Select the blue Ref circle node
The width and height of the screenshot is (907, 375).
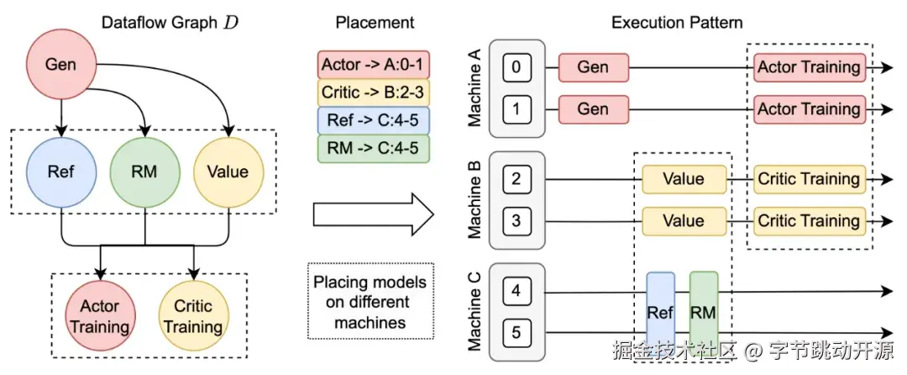tap(60, 172)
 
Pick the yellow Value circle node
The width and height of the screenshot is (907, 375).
tap(228, 172)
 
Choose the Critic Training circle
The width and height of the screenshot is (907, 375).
tap(193, 316)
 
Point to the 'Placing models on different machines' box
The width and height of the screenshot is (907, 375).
tap(370, 302)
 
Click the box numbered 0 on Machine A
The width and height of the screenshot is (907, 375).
tap(517, 66)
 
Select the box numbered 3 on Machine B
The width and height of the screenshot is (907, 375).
tap(517, 221)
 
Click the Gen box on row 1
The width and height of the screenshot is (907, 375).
tap(593, 108)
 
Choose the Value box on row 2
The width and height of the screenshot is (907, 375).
tap(684, 179)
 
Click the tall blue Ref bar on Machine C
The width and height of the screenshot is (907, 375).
tap(660, 312)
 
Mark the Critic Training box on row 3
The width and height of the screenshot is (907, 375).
tap(809, 221)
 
